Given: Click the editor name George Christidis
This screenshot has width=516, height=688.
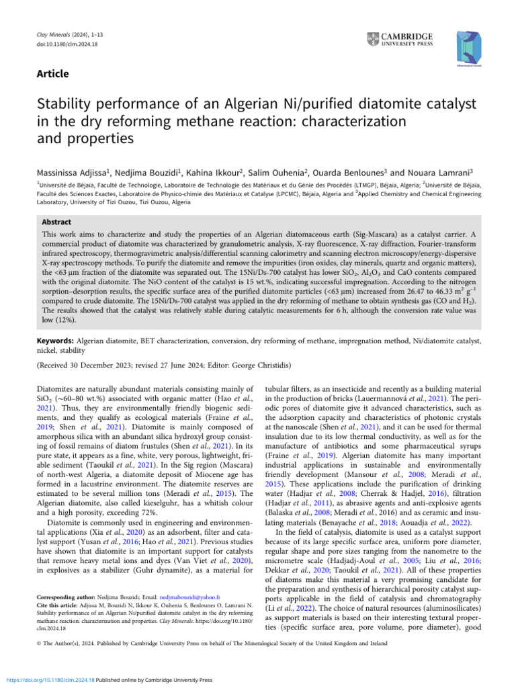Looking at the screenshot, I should click(256, 365).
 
